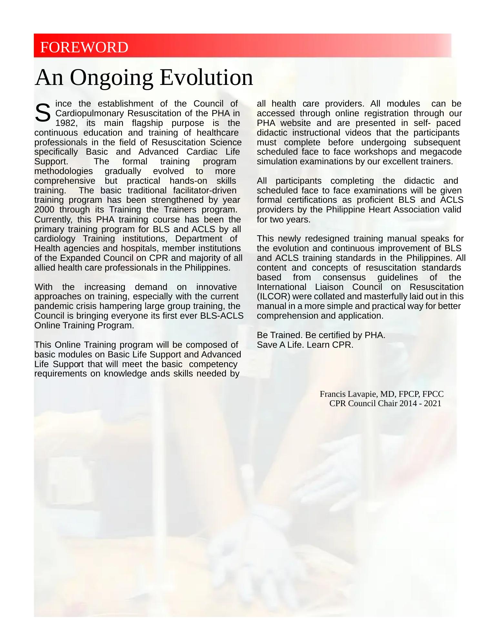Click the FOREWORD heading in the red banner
coord(84,47)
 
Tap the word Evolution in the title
coord(207,78)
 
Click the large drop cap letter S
coord(43,113)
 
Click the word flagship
coord(147,123)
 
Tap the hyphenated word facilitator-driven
coord(205,190)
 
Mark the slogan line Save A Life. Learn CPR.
coord(305,345)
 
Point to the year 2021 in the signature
coord(433,404)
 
